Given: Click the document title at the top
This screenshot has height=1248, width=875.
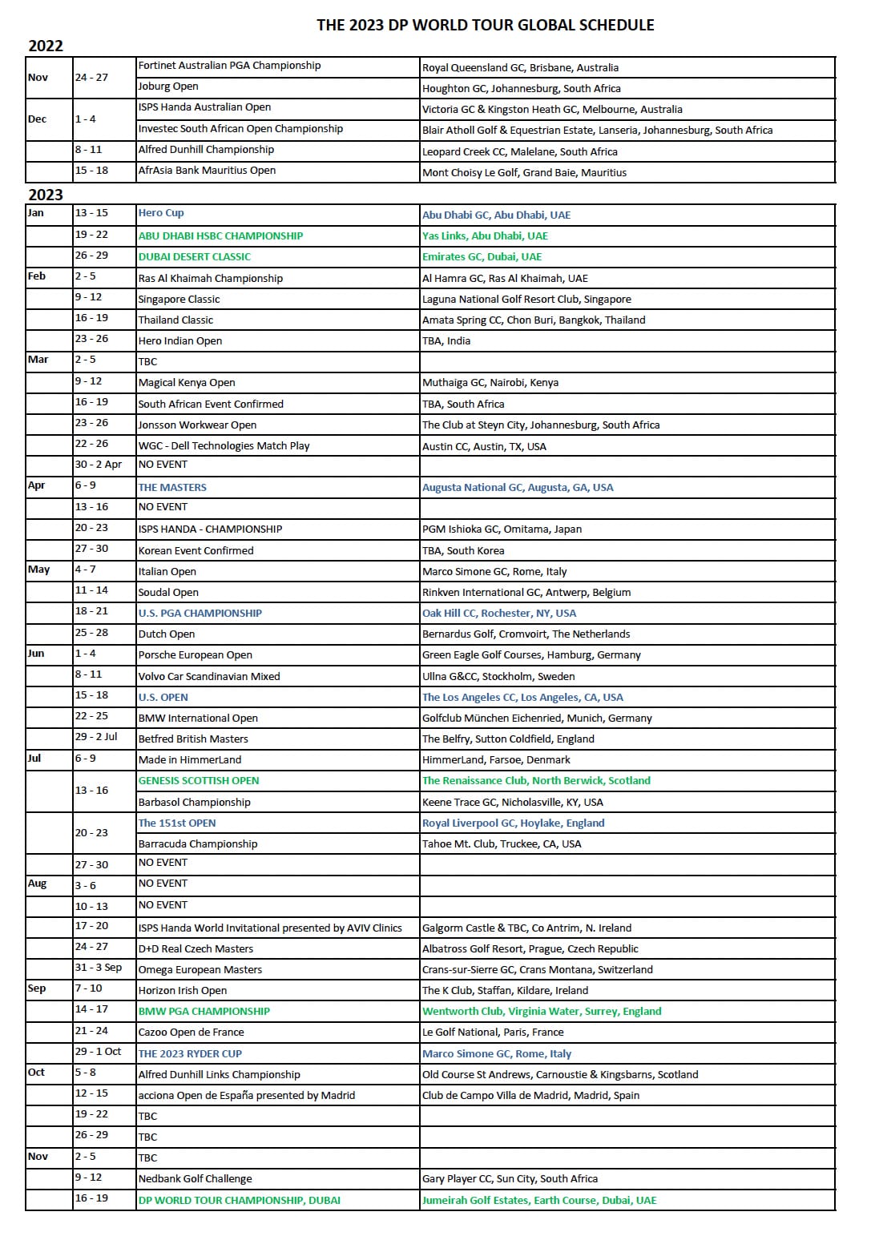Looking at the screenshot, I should (x=485, y=25).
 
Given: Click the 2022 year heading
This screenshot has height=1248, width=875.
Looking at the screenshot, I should (x=46, y=46).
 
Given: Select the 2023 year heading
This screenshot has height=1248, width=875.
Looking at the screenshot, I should (x=46, y=195).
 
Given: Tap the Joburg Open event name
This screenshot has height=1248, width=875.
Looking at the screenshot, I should (x=168, y=87).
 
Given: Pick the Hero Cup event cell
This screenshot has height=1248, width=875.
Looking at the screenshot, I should (x=161, y=213).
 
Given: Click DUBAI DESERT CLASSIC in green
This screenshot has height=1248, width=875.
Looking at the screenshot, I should (x=195, y=257).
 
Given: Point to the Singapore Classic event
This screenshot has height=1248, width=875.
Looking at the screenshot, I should (x=179, y=299).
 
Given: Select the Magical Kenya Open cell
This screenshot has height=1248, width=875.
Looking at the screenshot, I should (x=187, y=382).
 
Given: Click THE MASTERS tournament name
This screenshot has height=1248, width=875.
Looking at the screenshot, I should (x=172, y=487).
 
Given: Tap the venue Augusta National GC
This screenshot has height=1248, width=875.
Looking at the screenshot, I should (x=518, y=487).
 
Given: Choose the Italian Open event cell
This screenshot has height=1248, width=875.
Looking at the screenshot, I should (x=167, y=571).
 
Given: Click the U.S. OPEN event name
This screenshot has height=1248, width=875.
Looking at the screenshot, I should (x=163, y=697).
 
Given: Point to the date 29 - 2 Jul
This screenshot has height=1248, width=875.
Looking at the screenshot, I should (x=96, y=737).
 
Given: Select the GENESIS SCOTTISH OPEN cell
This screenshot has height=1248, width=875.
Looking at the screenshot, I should (x=199, y=780).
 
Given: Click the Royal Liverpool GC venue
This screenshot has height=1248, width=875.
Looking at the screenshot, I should (x=514, y=823).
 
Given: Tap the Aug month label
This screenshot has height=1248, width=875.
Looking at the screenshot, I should (x=38, y=884).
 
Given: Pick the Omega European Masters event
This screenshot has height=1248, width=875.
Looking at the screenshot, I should (x=200, y=969).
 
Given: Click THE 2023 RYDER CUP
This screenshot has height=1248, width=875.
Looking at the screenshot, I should (x=190, y=1053).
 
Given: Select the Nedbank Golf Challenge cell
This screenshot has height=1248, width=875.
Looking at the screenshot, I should (x=196, y=1178).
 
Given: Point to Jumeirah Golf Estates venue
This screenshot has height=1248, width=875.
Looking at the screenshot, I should (x=539, y=1200).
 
